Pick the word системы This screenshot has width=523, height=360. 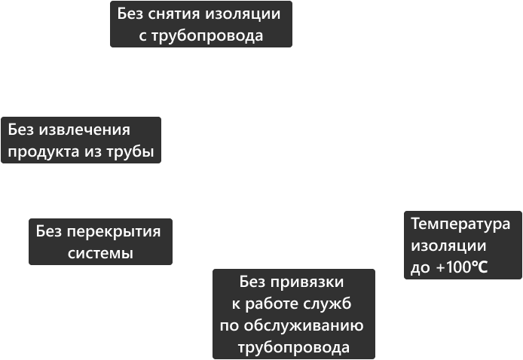[x=100, y=254]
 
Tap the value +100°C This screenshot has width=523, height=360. [x=462, y=267]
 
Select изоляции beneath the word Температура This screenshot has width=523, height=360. [x=448, y=246]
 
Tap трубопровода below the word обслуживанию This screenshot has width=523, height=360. [x=294, y=348]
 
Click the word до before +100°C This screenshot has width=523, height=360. [x=420, y=267]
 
